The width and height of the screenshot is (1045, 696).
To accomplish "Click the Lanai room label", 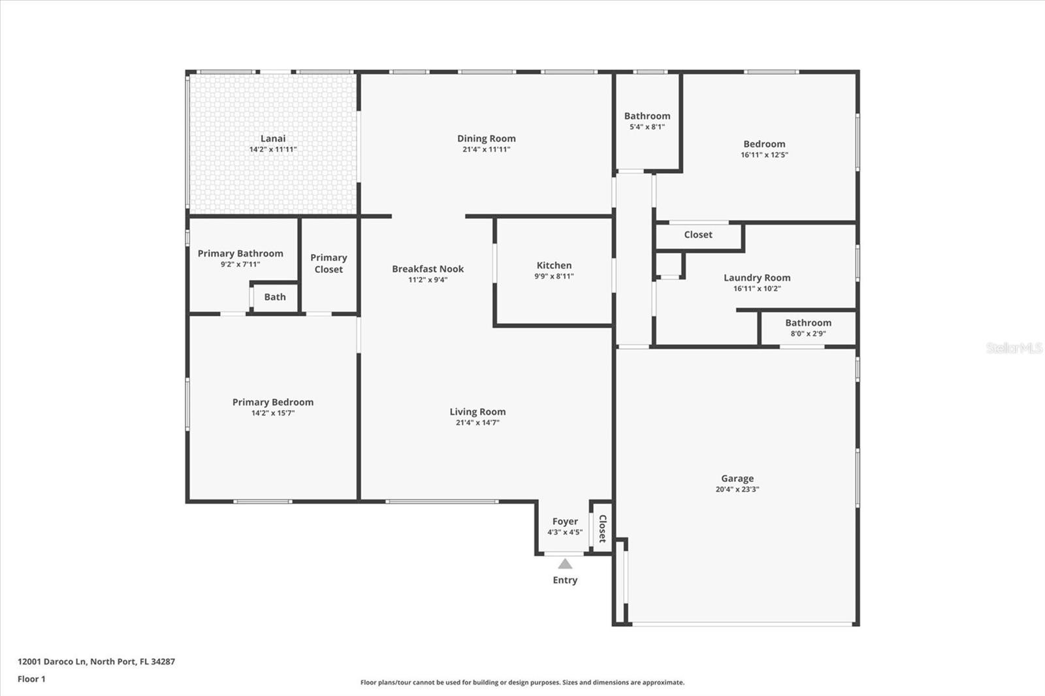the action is [273, 138].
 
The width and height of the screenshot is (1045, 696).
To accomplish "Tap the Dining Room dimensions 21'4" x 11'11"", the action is [486, 150].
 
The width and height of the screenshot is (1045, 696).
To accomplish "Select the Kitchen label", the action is [554, 266].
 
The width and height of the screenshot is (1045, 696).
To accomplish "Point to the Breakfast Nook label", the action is [428, 269].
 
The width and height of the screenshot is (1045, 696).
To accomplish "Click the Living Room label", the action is [477, 412].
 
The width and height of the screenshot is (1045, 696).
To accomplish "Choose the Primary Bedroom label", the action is [273, 402].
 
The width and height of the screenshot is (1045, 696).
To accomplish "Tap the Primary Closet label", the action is [329, 263].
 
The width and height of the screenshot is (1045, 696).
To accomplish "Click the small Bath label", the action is [275, 297].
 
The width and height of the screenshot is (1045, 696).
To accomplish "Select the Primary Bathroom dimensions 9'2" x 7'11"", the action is [240, 264].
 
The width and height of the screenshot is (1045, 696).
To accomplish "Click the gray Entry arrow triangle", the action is [565, 565].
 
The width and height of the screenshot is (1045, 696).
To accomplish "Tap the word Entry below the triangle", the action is [565, 580].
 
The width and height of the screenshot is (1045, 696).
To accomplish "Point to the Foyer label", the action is [565, 522].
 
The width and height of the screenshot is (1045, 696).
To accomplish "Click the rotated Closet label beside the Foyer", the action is [602, 529].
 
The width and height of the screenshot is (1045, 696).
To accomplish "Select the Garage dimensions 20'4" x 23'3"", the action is [737, 489].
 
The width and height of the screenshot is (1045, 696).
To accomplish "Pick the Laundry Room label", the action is [757, 278].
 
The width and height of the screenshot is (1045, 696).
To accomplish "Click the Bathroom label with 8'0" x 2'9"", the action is [808, 323].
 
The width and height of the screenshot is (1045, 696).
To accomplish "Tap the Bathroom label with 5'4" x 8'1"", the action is [647, 116].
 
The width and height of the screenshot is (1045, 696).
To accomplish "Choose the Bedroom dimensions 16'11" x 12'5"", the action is [764, 155].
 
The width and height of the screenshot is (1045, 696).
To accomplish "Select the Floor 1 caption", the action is [31, 679].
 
